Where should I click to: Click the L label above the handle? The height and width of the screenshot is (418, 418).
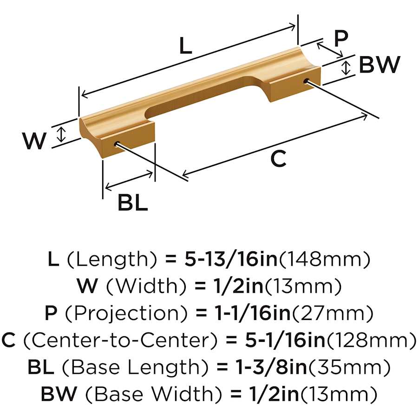(x=185, y=46)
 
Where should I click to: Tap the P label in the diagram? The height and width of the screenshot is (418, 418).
(x=341, y=39)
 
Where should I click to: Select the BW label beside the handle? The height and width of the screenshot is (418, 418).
(x=379, y=64)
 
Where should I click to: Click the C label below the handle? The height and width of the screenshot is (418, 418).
(x=279, y=159)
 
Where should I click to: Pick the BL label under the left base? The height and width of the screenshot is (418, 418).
(x=132, y=202)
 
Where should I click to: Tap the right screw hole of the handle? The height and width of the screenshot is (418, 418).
(x=307, y=80)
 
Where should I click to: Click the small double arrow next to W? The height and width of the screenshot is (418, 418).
(x=62, y=134)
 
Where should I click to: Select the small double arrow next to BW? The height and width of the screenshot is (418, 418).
(x=346, y=67)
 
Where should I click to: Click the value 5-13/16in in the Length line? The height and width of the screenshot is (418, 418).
(x=231, y=259)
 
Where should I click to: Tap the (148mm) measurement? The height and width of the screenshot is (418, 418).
(x=324, y=259)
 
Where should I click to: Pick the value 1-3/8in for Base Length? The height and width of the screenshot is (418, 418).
(x=271, y=367)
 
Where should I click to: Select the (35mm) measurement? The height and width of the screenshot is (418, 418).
(x=349, y=367)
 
